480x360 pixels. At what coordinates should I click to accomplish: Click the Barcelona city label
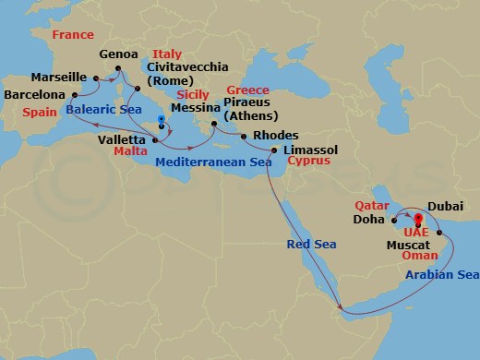click(x=32, y=95)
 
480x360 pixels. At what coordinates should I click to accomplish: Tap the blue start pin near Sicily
click(x=161, y=121)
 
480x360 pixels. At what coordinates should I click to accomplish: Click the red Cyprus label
click(x=308, y=160)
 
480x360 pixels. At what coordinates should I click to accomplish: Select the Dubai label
click(x=445, y=209)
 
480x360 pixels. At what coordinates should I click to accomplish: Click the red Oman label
click(x=419, y=259)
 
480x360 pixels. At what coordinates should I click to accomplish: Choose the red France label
click(x=73, y=35)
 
